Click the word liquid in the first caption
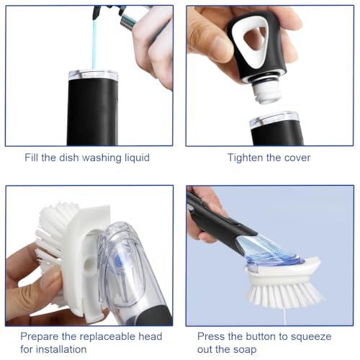point(133,157)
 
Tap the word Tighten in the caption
point(246,157)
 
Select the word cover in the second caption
point(296,157)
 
